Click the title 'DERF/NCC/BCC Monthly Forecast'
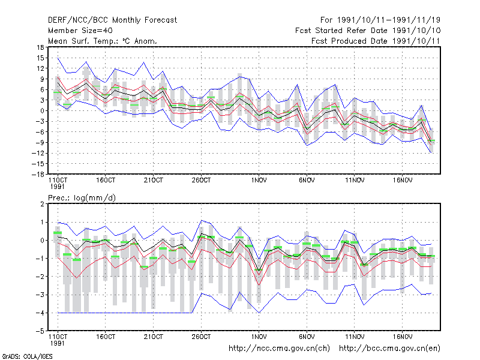tap(112, 20)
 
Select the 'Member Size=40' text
tap(80, 31)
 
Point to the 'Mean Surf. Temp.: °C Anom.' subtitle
tap(102, 41)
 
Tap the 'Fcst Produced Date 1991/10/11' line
tap(376, 41)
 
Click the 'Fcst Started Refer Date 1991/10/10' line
tap(368, 31)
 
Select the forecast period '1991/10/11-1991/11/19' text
tap(389, 20)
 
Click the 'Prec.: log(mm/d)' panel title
tap(82, 198)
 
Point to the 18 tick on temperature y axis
tap(41, 47)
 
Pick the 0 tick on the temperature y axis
tap(42, 111)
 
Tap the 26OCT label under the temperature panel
tap(201, 181)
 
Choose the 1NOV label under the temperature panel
tap(259, 181)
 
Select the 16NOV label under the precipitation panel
tap(402, 337)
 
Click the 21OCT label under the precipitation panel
tap(154, 337)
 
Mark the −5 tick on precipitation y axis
tap(40, 331)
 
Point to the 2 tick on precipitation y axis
tap(42, 204)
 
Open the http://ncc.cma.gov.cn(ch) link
tap(279, 349)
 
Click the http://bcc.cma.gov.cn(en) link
tap(389, 349)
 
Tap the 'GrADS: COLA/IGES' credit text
tap(27, 356)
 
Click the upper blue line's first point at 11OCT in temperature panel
tap(58, 58)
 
